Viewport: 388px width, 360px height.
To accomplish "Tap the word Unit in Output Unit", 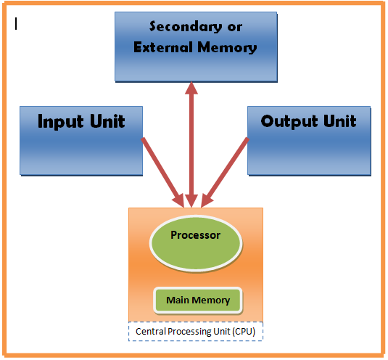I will point(339,120).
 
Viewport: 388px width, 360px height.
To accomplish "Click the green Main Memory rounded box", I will point(197,300).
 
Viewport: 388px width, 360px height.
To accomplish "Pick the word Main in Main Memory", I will point(178,300).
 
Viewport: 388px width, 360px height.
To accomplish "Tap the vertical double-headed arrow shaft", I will point(191,145).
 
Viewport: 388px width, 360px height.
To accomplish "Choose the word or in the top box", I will point(234,27).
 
